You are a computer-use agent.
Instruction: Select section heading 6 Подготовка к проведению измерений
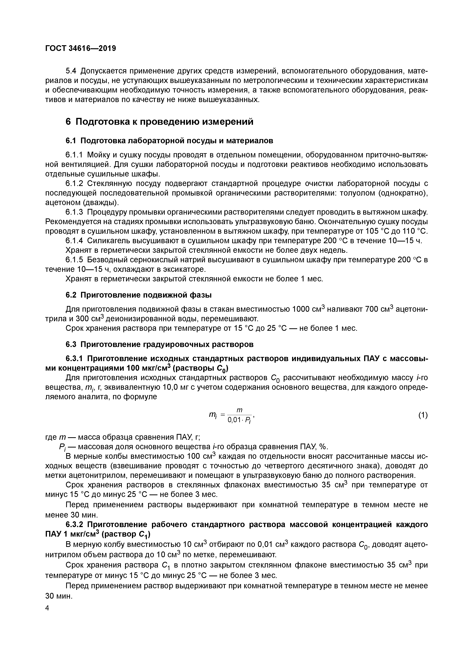pos(160,122)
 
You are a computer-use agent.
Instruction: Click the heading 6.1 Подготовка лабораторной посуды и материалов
pos(169,141)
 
